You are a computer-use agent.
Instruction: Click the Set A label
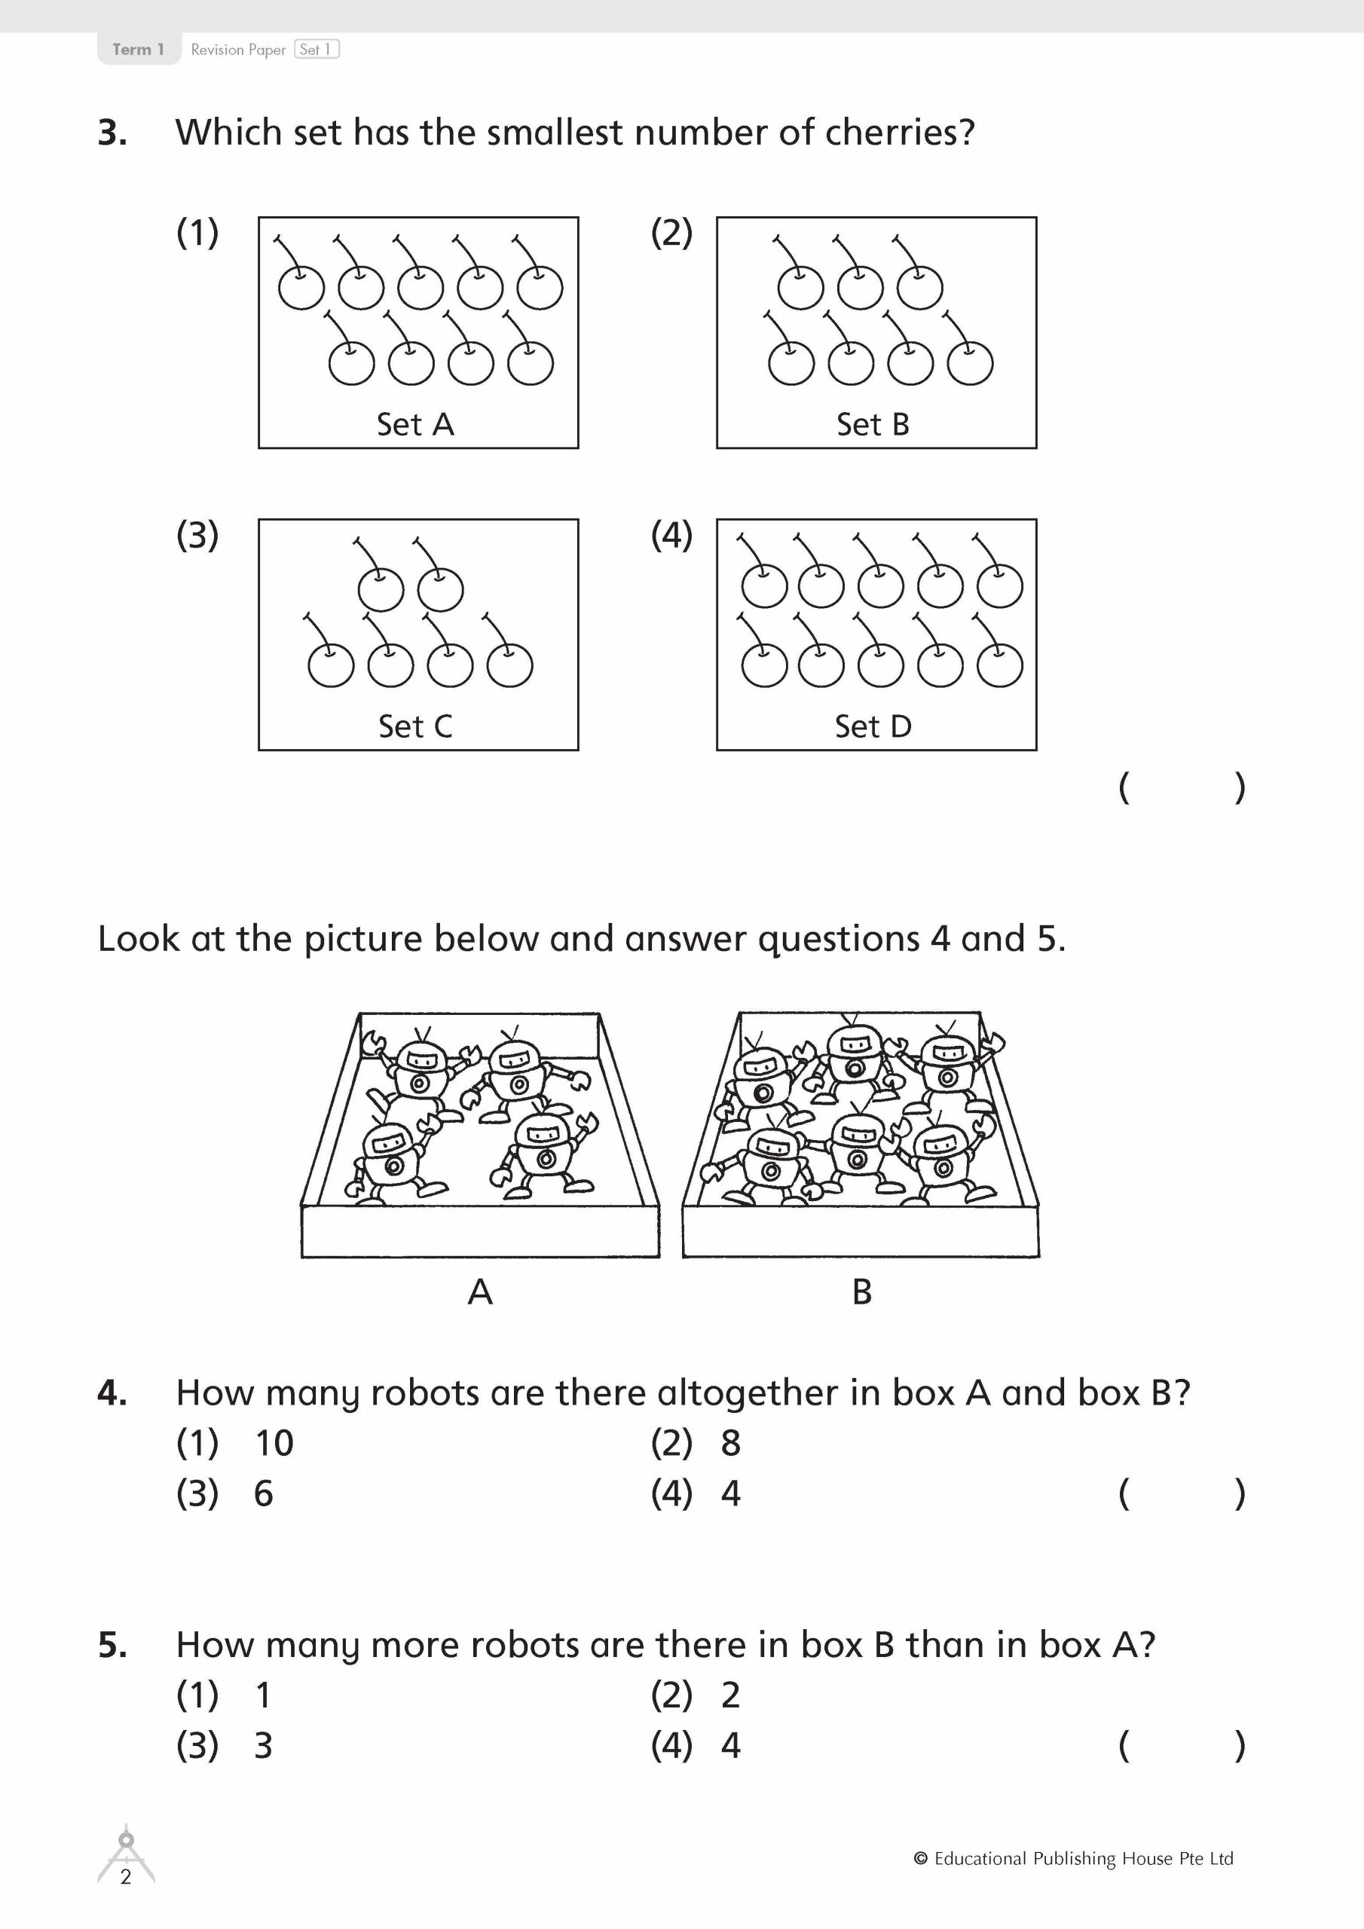pos(415,424)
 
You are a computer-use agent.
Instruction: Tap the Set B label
pos(873,424)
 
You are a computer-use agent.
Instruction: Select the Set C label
pos(415,726)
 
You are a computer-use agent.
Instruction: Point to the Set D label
pos(873,726)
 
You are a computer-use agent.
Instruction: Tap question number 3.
pos(112,133)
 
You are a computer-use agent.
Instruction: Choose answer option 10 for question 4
pos(274,1444)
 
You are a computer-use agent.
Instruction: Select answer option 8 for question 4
pos(730,1444)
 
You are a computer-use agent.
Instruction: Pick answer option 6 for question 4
pos(263,1493)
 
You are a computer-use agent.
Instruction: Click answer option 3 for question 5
pos(263,1746)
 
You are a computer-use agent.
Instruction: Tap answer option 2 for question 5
pos(730,1695)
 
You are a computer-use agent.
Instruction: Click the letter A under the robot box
pos(480,1292)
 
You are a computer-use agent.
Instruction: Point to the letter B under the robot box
pos(861,1292)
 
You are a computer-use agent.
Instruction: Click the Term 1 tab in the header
pos(138,50)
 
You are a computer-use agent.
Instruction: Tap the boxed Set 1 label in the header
pos(316,50)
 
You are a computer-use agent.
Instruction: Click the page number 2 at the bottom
pos(126,1877)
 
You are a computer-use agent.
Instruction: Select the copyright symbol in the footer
pos(920,1858)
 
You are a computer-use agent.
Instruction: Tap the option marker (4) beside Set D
pos(671,535)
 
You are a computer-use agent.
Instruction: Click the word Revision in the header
pos(217,50)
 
